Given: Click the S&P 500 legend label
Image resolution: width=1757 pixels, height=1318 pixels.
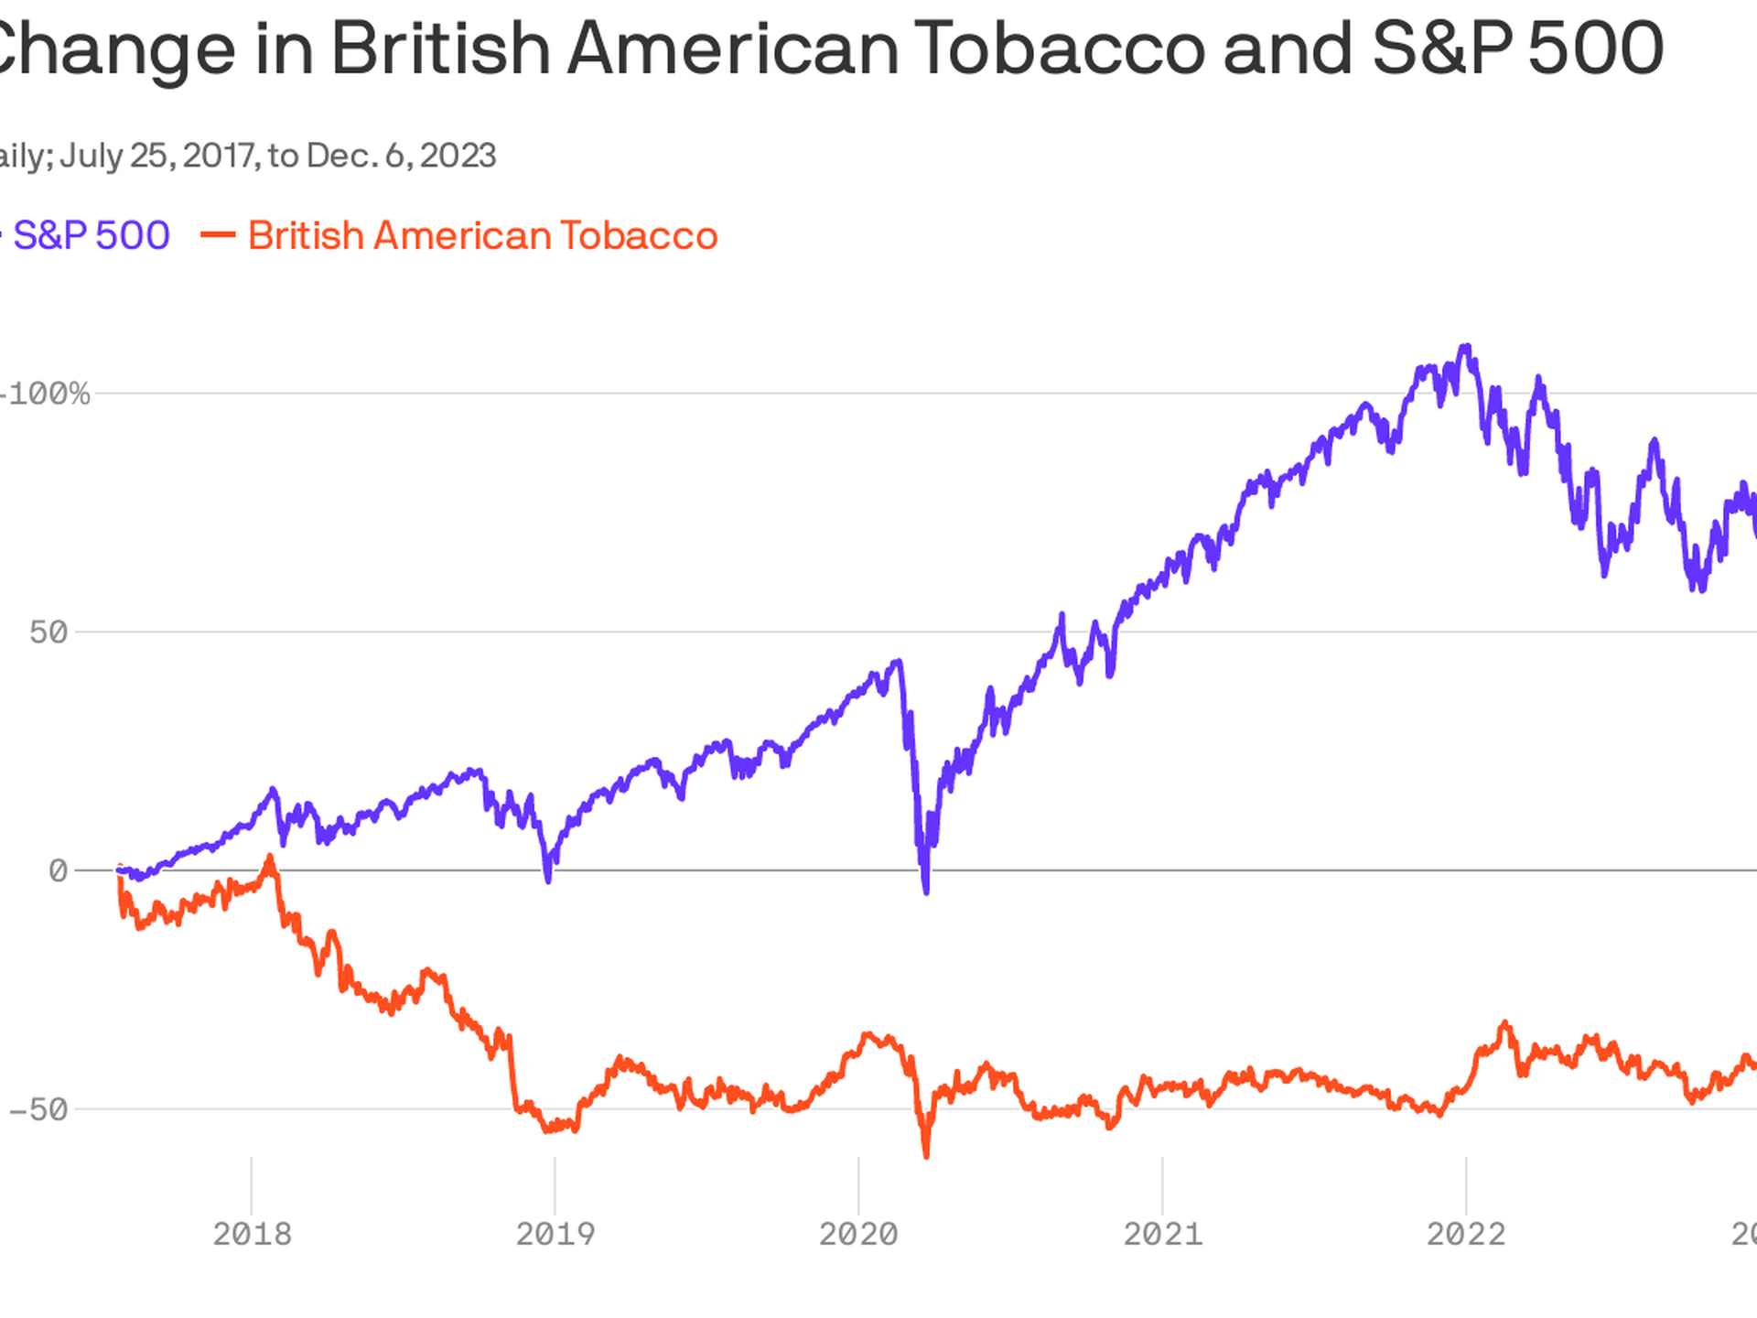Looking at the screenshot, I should (x=92, y=236).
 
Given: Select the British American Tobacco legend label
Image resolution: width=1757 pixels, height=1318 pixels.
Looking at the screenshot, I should (x=482, y=236).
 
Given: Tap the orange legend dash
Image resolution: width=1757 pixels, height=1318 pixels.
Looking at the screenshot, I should (x=218, y=235).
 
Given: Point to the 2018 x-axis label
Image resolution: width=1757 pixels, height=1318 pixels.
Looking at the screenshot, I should (x=252, y=1234).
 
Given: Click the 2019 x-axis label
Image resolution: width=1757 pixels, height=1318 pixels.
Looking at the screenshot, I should (x=555, y=1234).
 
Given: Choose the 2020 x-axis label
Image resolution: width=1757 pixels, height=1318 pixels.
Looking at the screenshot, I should (x=858, y=1234).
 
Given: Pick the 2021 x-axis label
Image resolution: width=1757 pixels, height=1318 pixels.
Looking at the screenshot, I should (x=1162, y=1234).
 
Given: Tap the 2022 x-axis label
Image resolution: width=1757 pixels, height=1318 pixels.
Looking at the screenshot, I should (x=1465, y=1234).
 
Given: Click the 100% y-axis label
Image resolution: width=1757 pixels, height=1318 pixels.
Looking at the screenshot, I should (x=48, y=394).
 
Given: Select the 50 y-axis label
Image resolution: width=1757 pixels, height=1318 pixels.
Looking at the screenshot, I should (x=49, y=632).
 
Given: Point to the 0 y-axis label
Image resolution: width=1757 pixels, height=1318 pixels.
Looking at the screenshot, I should (x=58, y=871).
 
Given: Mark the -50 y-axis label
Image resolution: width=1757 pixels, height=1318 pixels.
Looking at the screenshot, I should (x=38, y=1110).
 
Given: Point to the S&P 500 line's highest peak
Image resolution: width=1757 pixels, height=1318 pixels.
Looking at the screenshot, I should (x=1466, y=347).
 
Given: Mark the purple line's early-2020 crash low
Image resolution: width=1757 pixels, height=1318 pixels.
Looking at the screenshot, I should (x=926, y=891).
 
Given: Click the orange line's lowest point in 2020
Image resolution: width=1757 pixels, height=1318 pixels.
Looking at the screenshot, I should (x=926, y=1156).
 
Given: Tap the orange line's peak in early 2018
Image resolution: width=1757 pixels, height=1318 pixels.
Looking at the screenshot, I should (x=269, y=858).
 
